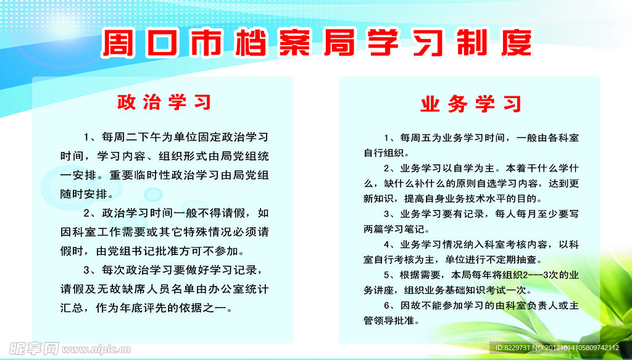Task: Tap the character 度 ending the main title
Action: tap(517, 42)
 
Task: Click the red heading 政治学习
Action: tap(164, 103)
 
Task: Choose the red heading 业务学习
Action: tap(471, 104)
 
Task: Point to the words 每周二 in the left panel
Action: tap(115, 138)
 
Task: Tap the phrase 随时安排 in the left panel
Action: tap(84, 195)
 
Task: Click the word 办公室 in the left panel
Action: tap(217, 290)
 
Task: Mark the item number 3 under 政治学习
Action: tap(86, 270)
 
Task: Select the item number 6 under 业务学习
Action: tap(386, 306)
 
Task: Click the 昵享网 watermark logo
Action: tap(35, 348)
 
